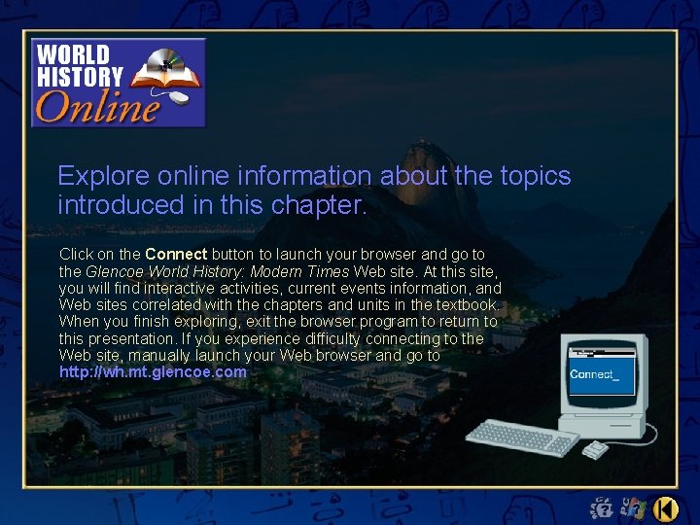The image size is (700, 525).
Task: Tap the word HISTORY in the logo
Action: [x=80, y=76]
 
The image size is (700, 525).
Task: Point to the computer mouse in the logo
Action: [x=177, y=97]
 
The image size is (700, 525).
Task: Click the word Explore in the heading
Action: [x=96, y=176]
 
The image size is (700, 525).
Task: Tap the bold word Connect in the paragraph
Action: [x=176, y=255]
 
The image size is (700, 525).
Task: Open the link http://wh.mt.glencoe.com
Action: [x=153, y=372]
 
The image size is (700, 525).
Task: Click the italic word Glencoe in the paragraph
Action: [x=115, y=272]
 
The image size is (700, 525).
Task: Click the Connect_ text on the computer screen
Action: [x=593, y=374]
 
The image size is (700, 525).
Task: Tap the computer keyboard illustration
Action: [x=522, y=437]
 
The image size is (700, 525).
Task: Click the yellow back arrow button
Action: [x=666, y=507]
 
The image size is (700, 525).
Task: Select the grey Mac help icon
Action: [x=633, y=507]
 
